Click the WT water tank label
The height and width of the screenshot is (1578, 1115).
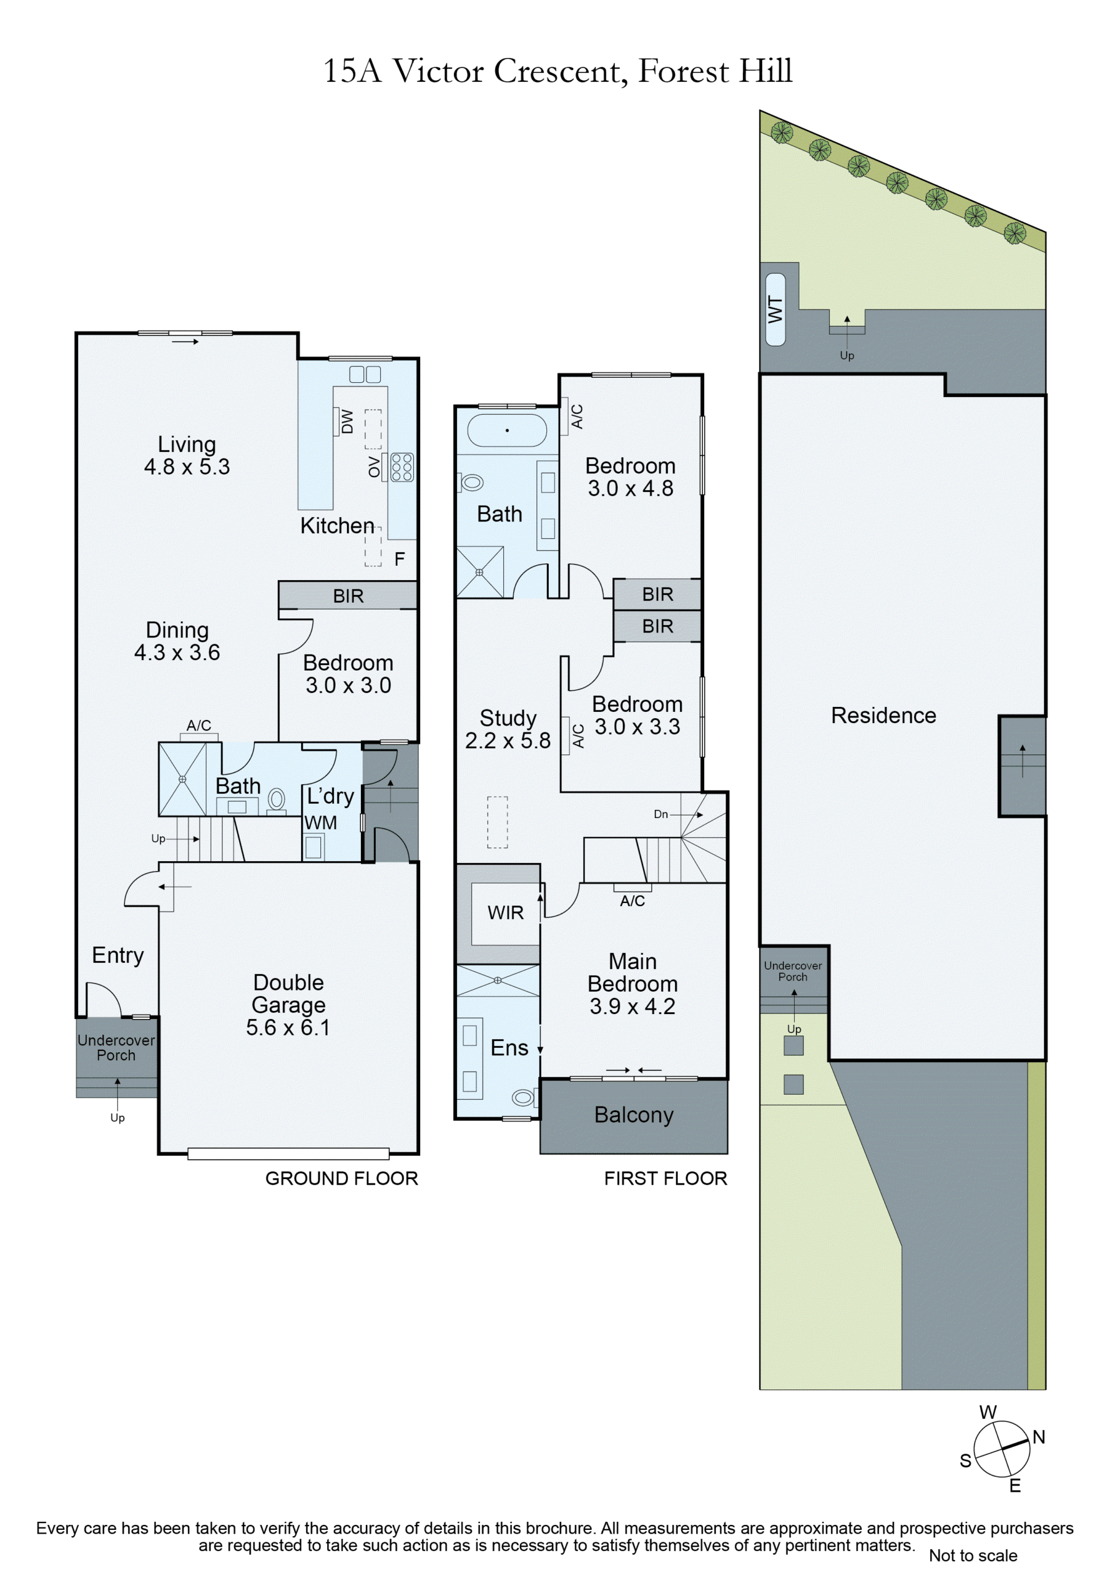pos(775,309)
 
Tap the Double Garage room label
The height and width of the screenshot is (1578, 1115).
pos(288,1004)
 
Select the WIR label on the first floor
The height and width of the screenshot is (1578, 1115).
pos(506,913)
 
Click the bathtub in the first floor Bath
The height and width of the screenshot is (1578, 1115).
pos(507,431)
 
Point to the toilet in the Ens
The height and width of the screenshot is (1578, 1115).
pos(524,1098)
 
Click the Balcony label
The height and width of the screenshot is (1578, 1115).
pos(633,1115)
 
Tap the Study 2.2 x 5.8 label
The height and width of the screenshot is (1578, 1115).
pos(508,729)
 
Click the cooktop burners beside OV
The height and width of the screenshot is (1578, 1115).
pos(402,467)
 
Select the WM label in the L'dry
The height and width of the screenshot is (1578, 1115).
pos(321,823)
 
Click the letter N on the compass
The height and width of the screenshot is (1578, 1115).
pos(1039,1437)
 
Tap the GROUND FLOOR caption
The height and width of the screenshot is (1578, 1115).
pos(341,1178)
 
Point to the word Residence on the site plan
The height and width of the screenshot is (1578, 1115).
pos(883,716)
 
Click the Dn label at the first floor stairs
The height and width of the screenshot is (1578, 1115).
pos(661,814)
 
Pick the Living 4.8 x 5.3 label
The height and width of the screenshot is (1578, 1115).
pos(187,456)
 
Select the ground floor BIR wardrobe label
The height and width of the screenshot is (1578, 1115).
pos(348,596)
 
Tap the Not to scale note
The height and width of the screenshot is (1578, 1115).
pos(973,1555)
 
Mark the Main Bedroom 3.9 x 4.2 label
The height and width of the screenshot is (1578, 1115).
pos(633,984)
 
